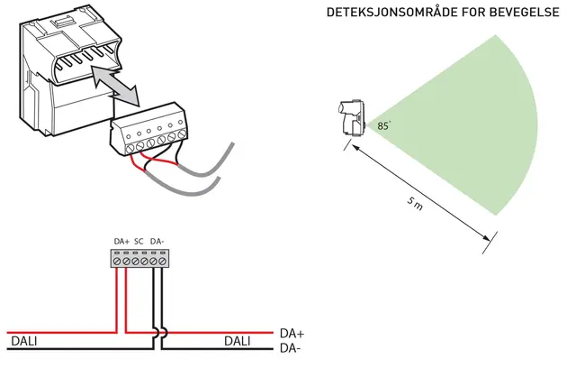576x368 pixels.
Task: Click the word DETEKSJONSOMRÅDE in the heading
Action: point(387,14)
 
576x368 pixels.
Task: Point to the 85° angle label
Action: point(384,127)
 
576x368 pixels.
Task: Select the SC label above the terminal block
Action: point(139,241)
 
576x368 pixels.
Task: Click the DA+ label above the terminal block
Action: point(122,241)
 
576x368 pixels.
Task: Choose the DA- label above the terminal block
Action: point(157,241)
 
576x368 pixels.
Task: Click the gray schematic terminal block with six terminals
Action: point(139,258)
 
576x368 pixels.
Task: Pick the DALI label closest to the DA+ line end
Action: point(238,341)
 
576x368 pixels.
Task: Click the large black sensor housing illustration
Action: point(63,72)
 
